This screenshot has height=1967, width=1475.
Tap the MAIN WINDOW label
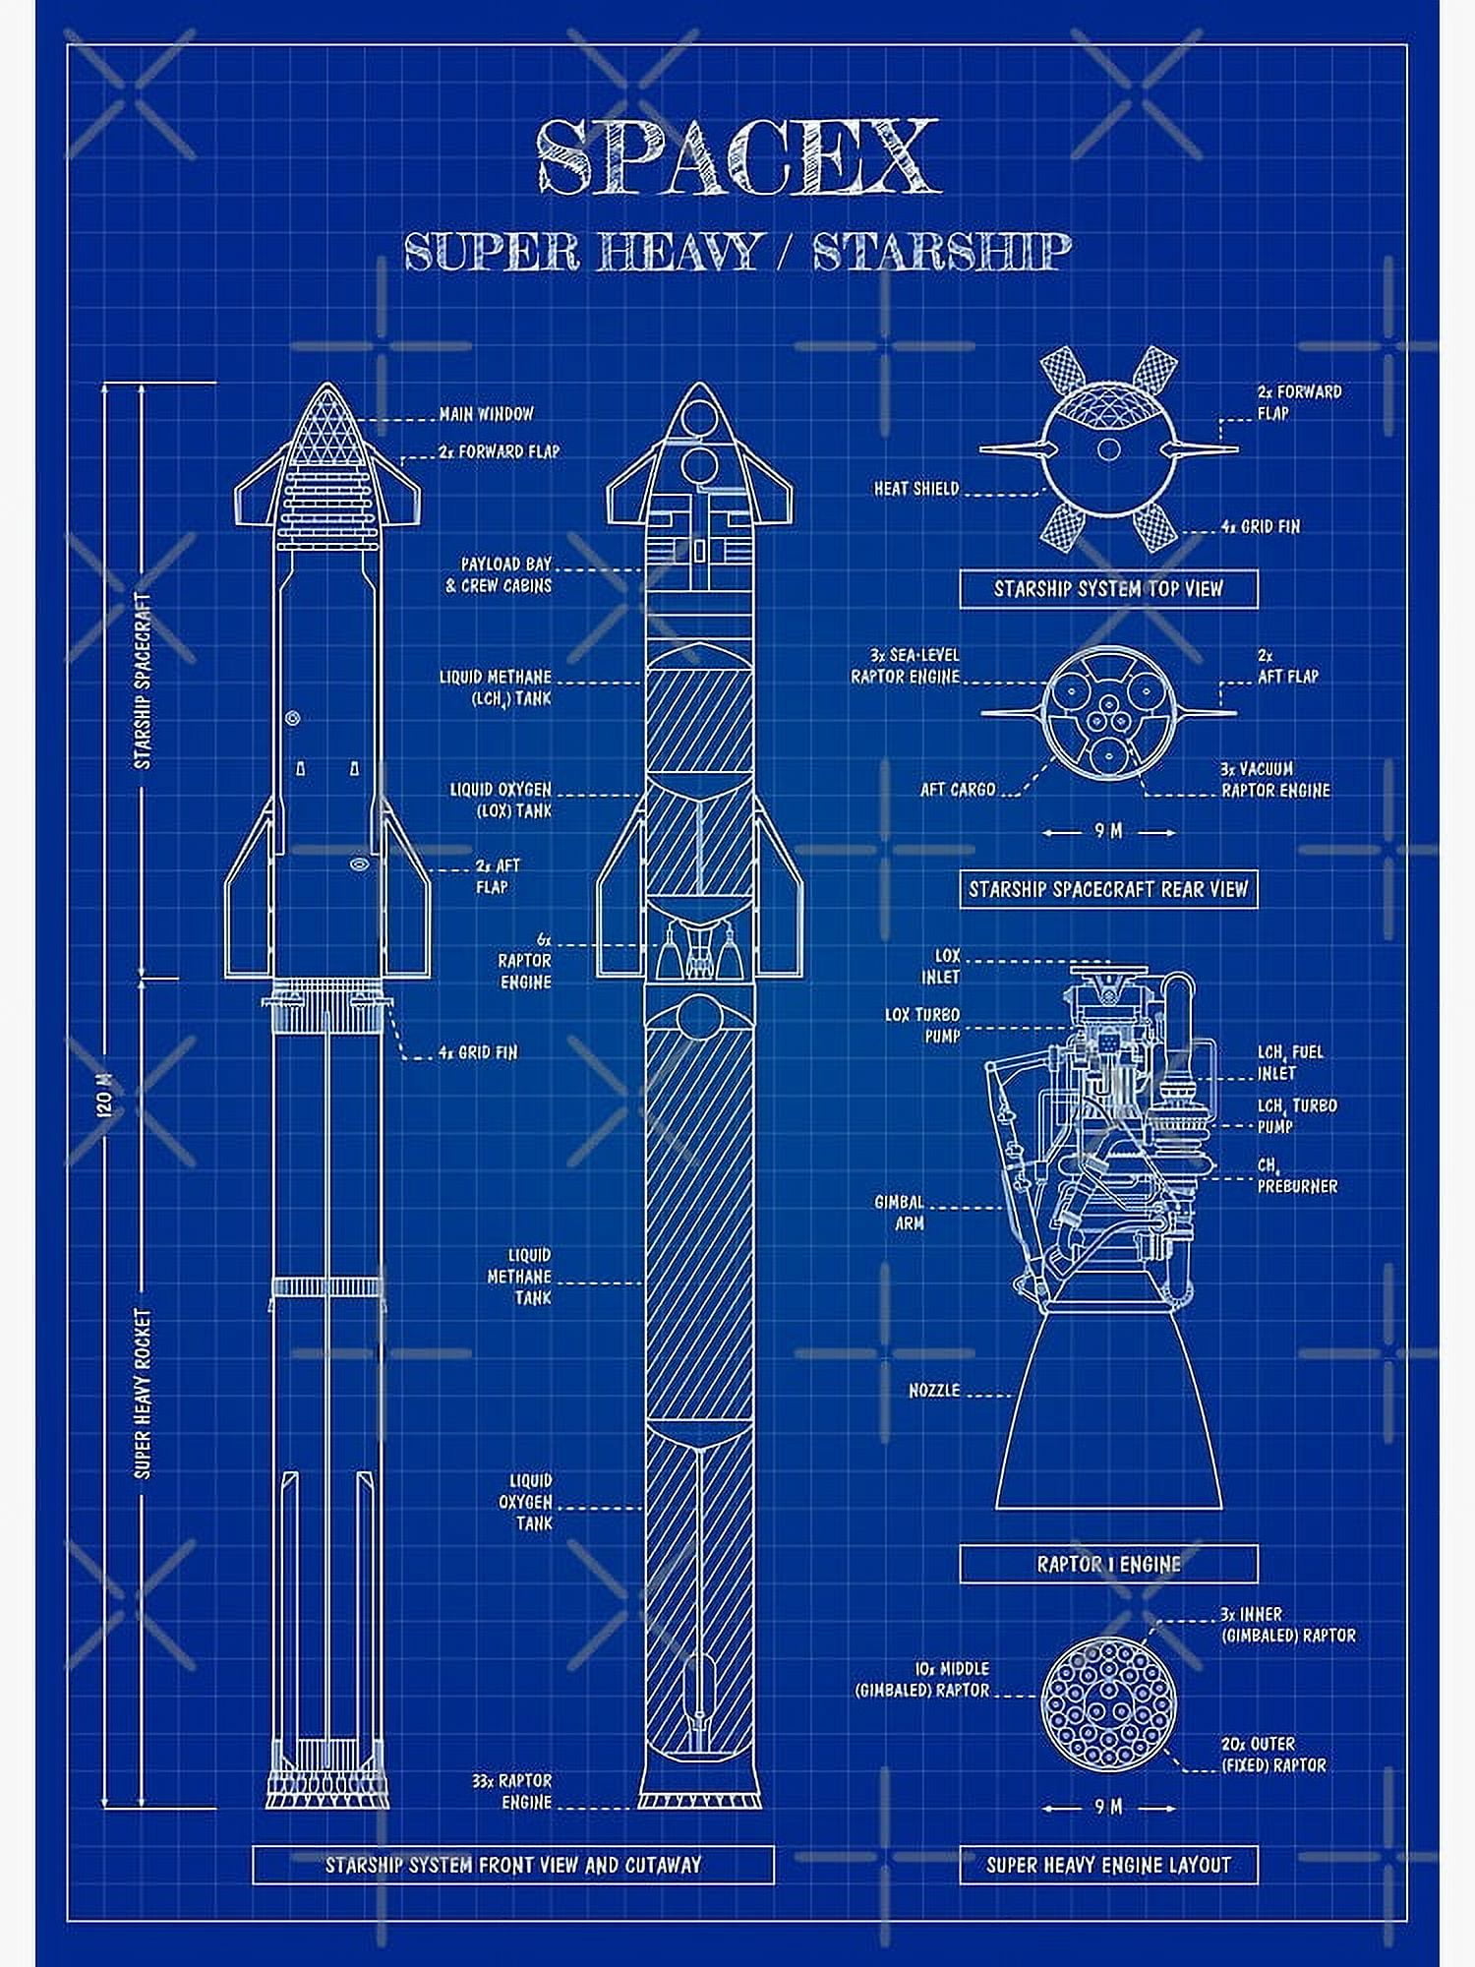(x=486, y=414)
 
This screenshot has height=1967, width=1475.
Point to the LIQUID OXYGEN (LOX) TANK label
(x=501, y=801)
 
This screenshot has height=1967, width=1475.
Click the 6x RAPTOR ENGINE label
(x=525, y=960)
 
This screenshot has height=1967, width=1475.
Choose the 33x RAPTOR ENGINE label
(x=512, y=1791)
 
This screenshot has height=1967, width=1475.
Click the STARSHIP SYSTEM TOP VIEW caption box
(x=1108, y=589)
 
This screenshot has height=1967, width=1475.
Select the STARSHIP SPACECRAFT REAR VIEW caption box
(x=1108, y=889)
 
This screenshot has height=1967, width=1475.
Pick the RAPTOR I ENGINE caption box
(x=1108, y=1563)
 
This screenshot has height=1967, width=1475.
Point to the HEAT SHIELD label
(x=915, y=488)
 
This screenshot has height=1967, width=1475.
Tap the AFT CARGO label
(x=957, y=789)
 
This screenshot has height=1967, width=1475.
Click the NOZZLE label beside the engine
(x=933, y=1391)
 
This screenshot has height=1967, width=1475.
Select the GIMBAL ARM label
(x=900, y=1213)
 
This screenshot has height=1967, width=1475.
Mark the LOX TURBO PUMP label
(x=922, y=1025)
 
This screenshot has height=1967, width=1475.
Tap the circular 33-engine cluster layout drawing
(x=1108, y=1701)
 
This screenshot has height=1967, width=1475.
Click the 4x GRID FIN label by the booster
(x=478, y=1052)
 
